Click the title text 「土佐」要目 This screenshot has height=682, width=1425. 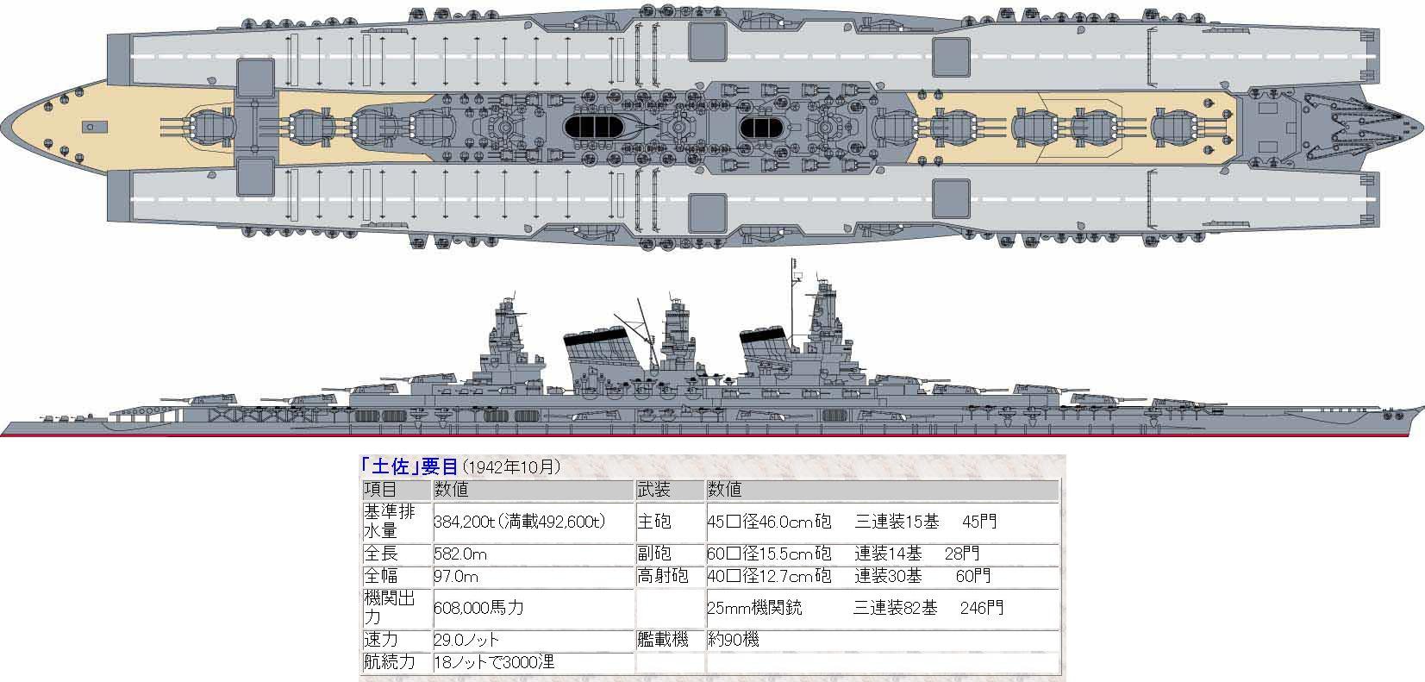point(409,466)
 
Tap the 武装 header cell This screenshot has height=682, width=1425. point(653,490)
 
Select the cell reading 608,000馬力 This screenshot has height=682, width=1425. point(478,607)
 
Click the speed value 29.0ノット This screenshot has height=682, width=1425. point(466,641)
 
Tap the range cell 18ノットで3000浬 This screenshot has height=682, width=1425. point(492,662)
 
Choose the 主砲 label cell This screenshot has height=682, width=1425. point(653,522)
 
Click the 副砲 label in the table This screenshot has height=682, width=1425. point(653,554)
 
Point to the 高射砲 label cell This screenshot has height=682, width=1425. point(662,576)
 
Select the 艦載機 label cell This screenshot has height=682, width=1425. point(662,641)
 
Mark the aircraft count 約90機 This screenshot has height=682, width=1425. point(733,641)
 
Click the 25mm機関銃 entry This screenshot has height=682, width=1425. point(754,607)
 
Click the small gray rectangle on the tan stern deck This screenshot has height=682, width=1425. point(89,127)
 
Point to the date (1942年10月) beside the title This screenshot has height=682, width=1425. point(512,467)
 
